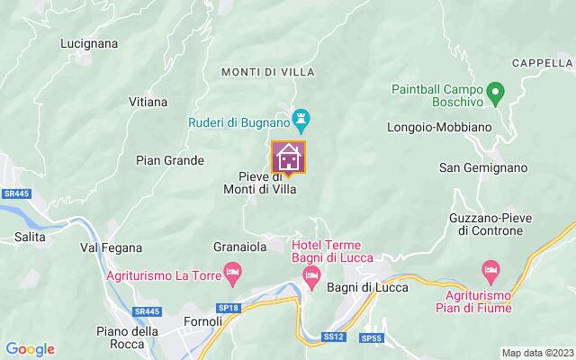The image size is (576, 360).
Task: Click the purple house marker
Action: pyautogui.click(x=289, y=157)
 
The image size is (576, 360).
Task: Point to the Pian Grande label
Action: pyautogui.click(x=169, y=160)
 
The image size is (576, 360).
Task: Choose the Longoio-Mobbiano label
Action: pyautogui.click(x=436, y=128)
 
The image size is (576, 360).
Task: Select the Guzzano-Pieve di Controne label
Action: pyautogui.click(x=485, y=224)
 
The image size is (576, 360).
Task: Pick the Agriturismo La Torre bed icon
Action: pyautogui.click(x=232, y=270)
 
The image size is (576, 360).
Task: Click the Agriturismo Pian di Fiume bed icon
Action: pyautogui.click(x=490, y=269)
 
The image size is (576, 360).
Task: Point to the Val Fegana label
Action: pyautogui.click(x=107, y=247)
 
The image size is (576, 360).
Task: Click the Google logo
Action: pyautogui.click(x=30, y=349)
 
